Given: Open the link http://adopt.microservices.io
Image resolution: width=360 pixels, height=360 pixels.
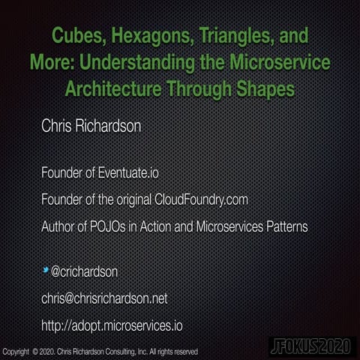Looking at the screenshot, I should tap(112, 326).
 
